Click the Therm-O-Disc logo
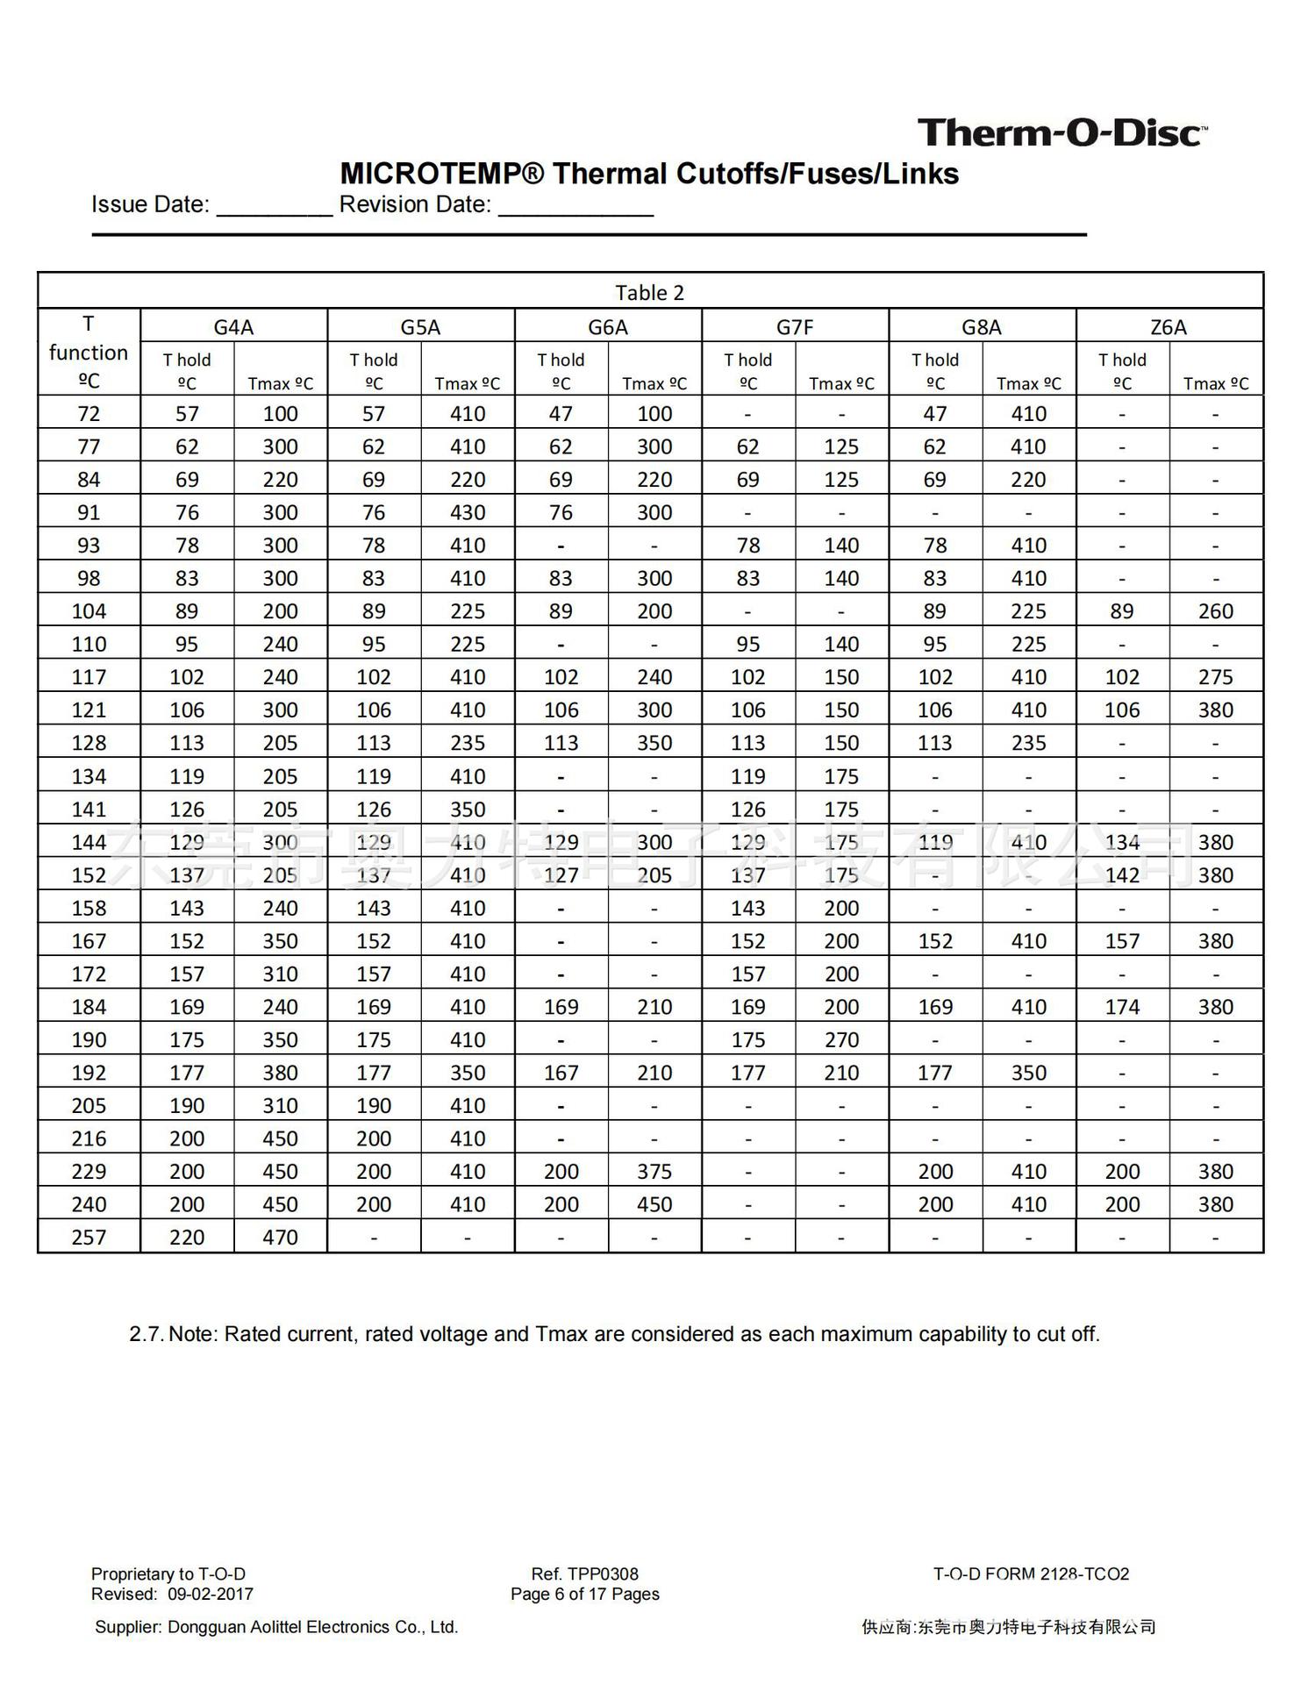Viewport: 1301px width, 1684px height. click(1062, 133)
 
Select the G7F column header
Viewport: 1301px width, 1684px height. click(795, 327)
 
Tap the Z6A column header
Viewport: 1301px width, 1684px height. click(1169, 327)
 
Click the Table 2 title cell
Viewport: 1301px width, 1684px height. click(649, 292)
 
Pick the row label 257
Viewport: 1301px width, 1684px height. click(89, 1237)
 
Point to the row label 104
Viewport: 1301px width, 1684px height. click(89, 611)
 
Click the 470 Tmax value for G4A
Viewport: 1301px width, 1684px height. click(281, 1237)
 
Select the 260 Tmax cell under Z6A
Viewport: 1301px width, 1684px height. click(1216, 611)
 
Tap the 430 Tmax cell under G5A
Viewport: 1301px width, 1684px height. click(468, 512)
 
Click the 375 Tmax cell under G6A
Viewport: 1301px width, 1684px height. click(654, 1171)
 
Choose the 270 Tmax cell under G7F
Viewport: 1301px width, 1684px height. click(841, 1039)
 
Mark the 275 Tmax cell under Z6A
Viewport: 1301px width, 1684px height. click(1216, 677)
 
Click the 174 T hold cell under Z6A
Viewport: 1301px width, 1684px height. click(1122, 1007)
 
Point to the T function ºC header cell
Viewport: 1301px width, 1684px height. click(89, 352)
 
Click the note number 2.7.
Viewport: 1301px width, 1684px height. click(147, 1334)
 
